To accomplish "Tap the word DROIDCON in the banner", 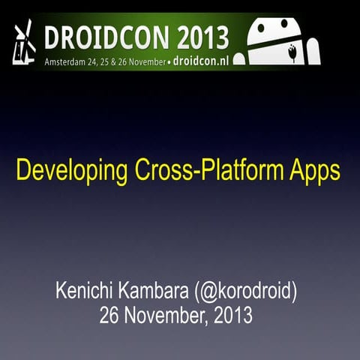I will (97, 36).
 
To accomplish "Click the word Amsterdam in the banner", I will (68, 58).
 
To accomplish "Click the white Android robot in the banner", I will (278, 41).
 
